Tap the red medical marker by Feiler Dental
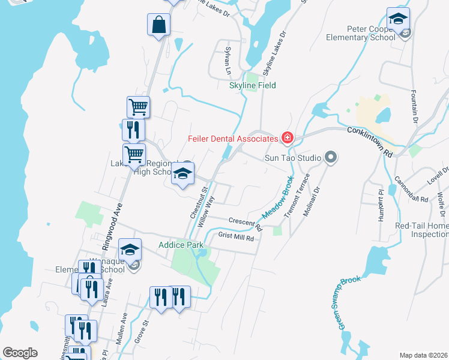(287, 139)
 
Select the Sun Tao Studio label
(293, 158)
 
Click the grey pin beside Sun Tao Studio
(330, 158)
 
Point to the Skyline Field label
(253, 86)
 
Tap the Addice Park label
(181, 245)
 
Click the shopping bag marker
(158, 25)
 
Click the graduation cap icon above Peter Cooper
(398, 19)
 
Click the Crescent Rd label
(245, 223)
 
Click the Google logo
(20, 353)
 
